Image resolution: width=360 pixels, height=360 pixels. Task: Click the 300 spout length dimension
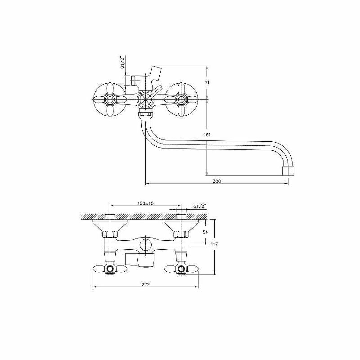217,181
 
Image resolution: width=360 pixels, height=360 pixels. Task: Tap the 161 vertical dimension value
207,135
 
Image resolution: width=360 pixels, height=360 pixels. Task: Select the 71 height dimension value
207,83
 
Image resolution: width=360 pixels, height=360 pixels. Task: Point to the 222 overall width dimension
145,284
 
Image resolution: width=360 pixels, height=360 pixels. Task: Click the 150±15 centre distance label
145,203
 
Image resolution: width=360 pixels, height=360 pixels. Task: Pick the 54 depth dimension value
205,232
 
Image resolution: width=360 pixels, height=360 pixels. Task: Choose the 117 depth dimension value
214,244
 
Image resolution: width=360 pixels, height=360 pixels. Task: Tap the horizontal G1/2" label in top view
200,207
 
